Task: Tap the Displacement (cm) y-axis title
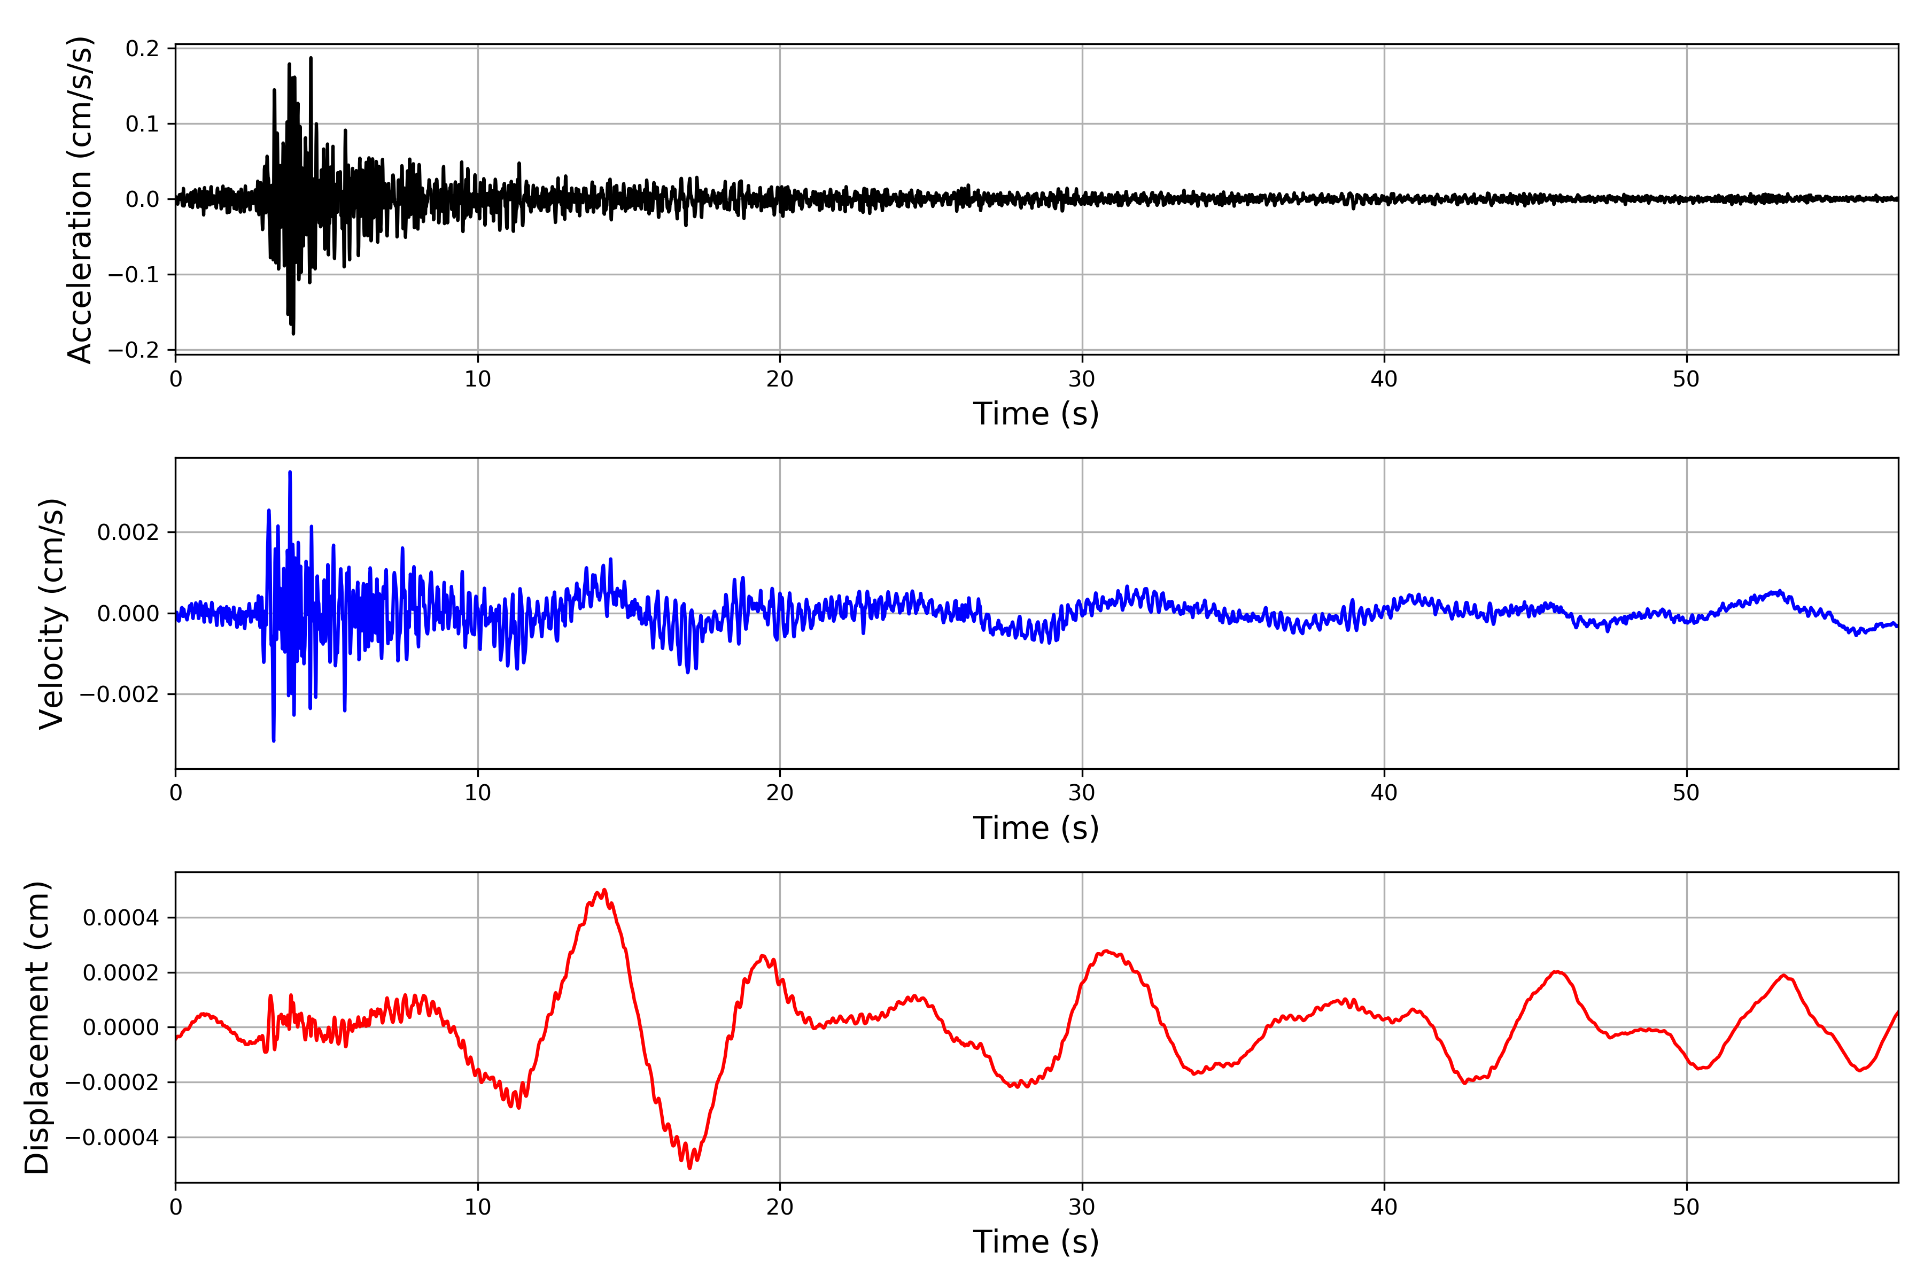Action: [37, 1027]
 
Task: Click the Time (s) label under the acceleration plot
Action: [1036, 414]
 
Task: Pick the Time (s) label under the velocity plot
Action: [1036, 828]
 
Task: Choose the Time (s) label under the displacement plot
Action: [1036, 1242]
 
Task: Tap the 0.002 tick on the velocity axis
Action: [128, 532]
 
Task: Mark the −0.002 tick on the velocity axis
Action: [119, 694]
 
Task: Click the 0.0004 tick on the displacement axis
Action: [121, 918]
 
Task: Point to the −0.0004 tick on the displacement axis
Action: [113, 1138]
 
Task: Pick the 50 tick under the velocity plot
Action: [1686, 793]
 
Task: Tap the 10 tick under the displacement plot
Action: [478, 1207]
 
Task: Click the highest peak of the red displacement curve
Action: [604, 890]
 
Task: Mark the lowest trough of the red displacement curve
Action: [689, 1168]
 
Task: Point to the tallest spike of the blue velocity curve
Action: [290, 472]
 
